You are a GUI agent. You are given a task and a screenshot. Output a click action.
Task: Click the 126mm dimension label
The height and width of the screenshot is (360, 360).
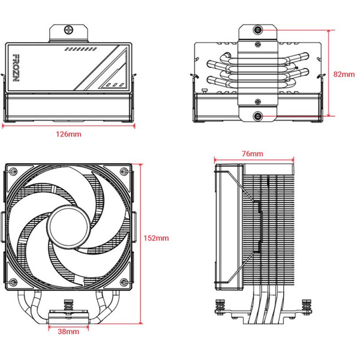point(70,134)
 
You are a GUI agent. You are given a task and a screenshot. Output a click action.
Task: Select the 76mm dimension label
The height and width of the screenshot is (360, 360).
point(253,154)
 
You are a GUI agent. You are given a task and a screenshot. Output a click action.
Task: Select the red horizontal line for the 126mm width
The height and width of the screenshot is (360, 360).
point(70,127)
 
